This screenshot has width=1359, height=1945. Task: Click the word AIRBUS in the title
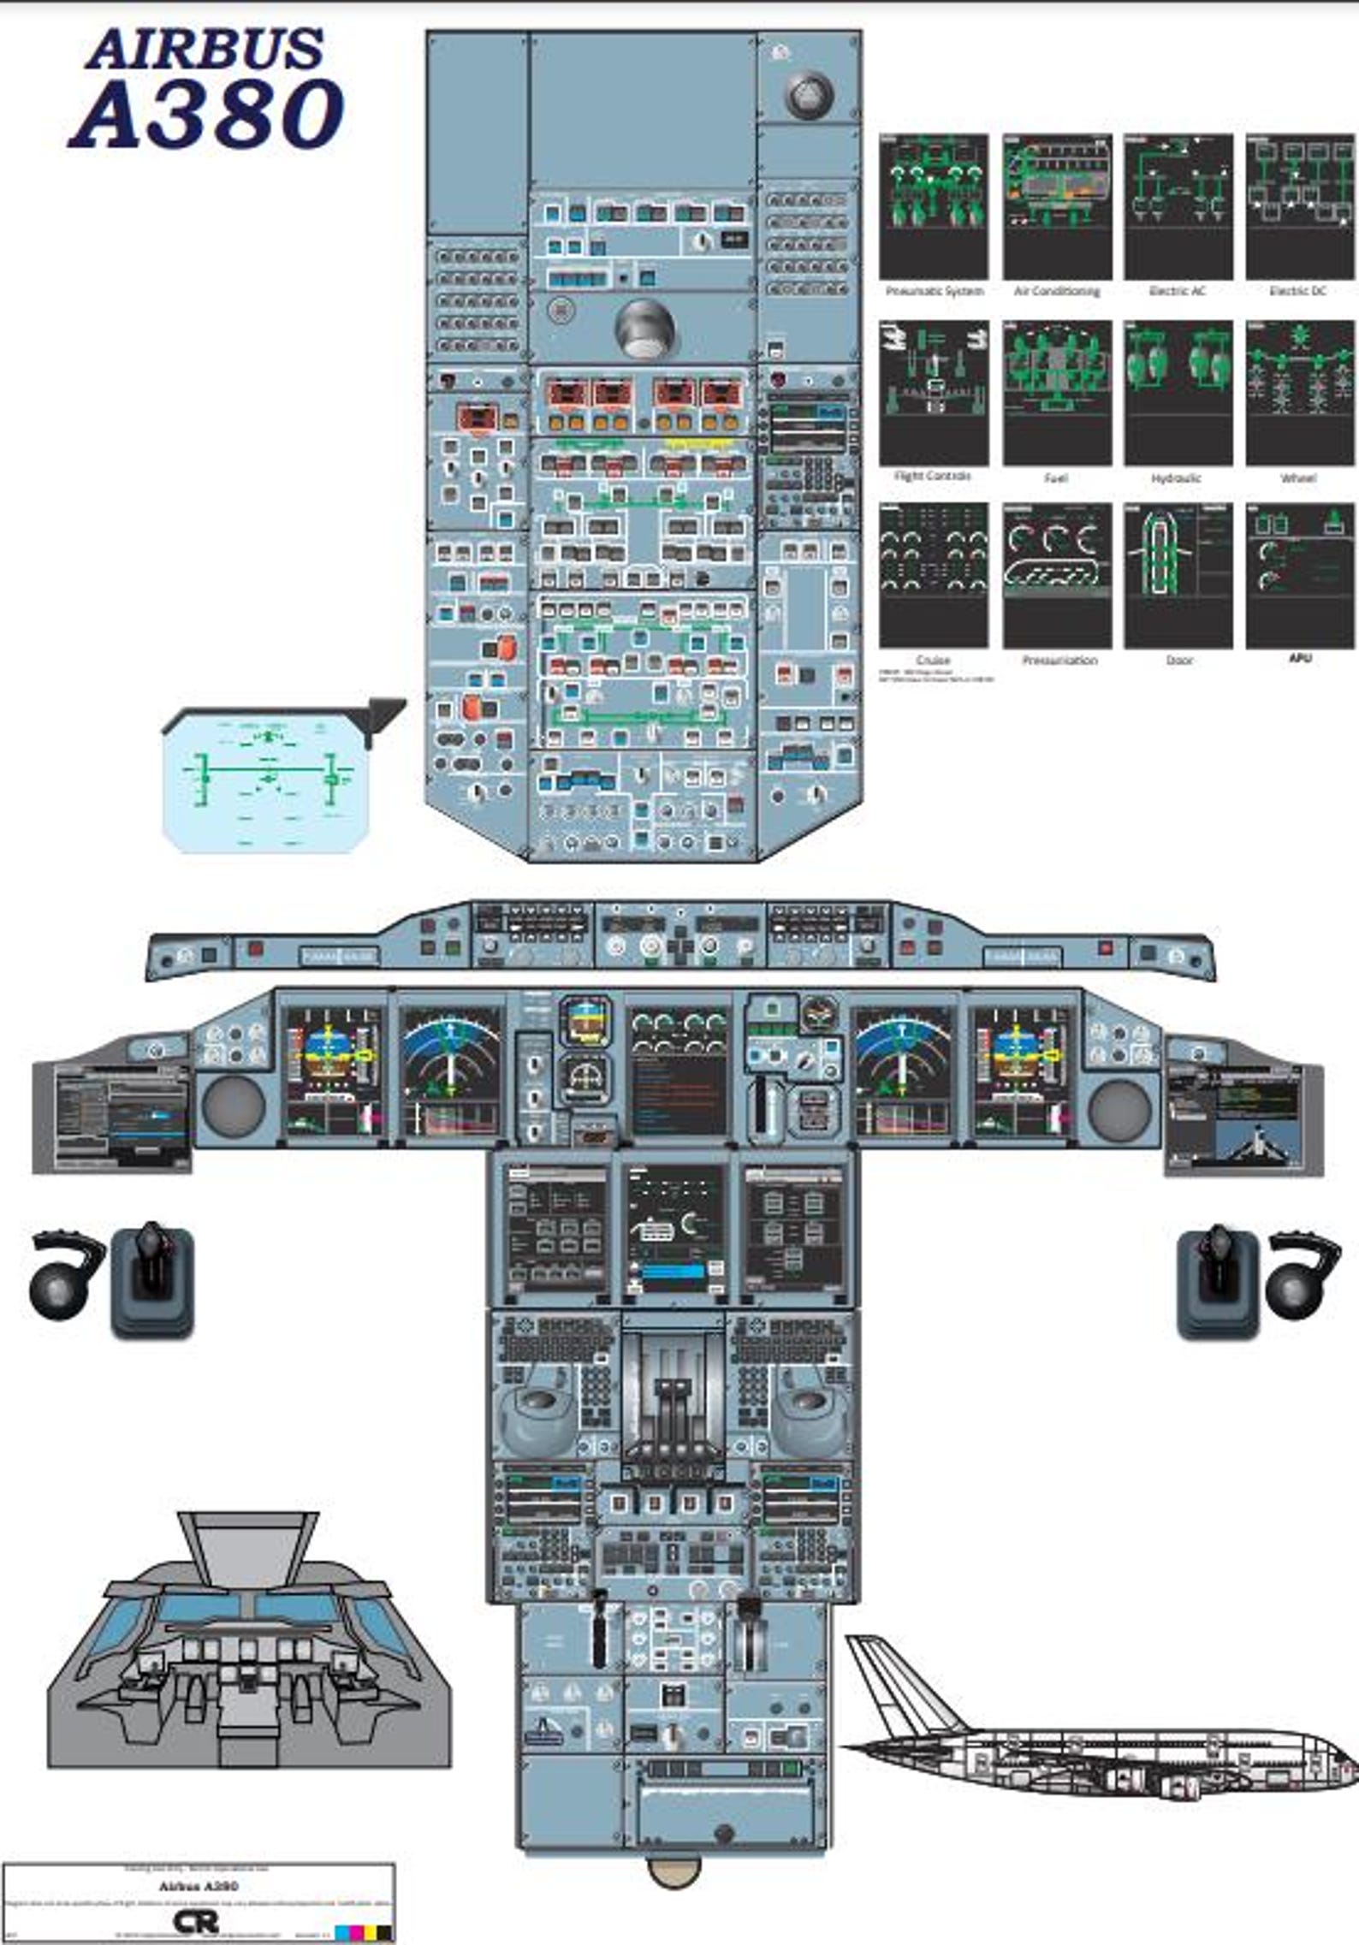[x=205, y=49]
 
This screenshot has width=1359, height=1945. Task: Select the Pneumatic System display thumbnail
[x=933, y=206]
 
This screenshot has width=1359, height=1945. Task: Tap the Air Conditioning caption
[x=1057, y=291]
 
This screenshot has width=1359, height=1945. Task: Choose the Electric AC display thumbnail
[x=1178, y=206]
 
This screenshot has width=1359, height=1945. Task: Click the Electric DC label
[x=1297, y=291]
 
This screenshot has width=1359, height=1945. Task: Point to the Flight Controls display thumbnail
[x=933, y=393]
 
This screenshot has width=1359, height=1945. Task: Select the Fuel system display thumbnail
[x=1057, y=393]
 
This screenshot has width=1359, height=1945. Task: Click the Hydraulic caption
[x=1176, y=477]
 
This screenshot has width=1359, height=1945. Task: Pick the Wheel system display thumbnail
[x=1299, y=393]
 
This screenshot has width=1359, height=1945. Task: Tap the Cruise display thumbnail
[x=933, y=575]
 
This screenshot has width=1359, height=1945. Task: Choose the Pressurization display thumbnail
[x=1057, y=575]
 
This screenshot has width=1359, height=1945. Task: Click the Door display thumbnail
[x=1178, y=575]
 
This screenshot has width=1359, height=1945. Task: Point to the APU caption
[x=1299, y=658]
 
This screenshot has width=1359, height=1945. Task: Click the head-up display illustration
[x=267, y=779]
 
